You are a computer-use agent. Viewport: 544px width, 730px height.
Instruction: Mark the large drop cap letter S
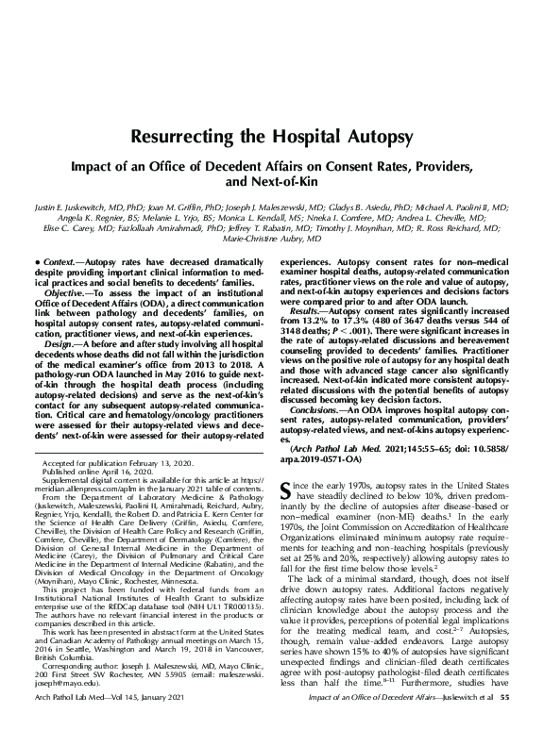(x=289, y=489)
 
